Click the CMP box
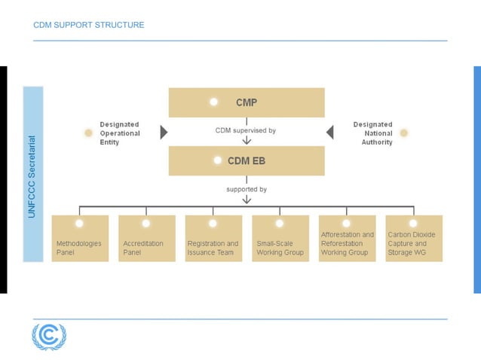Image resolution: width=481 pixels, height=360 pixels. tap(247, 102)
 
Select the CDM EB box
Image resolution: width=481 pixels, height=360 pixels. tap(247, 160)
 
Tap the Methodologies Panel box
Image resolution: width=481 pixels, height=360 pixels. tap(80, 239)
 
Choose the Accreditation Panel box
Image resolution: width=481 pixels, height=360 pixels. tap(146, 239)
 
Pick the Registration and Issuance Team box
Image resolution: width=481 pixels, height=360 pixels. tap(213, 239)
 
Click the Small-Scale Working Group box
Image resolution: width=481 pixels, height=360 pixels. tap(280, 239)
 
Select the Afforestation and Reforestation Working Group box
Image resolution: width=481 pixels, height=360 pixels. tap(347, 239)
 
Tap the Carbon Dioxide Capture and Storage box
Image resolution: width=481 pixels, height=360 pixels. tap(413, 239)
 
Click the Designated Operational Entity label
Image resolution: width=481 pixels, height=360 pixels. tap(120, 133)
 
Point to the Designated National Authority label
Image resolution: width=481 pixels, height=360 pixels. tap(373, 133)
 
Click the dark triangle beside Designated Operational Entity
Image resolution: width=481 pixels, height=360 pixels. tap(164, 133)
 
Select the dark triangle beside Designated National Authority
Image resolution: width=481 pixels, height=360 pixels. tap(329, 133)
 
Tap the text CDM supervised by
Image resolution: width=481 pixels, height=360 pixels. tap(246, 130)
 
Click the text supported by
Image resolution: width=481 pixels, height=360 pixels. tap(247, 189)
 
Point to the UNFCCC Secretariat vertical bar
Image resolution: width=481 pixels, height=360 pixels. tap(33, 174)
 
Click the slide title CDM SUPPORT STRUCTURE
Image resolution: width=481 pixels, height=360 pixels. tap(89, 25)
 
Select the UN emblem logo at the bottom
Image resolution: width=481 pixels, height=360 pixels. tap(49, 336)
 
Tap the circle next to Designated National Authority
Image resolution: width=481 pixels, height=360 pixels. tap(404, 133)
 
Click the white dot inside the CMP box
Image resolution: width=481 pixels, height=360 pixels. tap(214, 102)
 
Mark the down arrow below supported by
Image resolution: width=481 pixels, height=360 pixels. tap(247, 200)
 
